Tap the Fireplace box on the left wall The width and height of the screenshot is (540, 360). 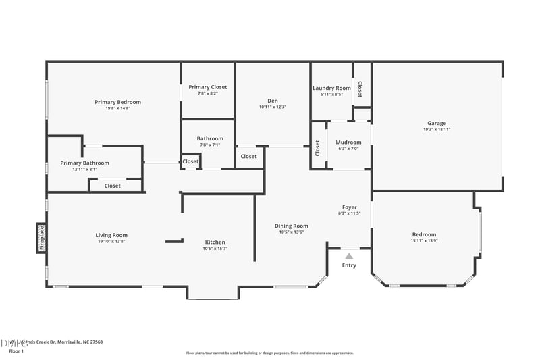coord(41,238)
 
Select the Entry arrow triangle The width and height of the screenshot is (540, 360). coord(349,257)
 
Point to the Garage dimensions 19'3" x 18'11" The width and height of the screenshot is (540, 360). coord(436,129)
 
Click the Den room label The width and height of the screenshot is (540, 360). coord(273,101)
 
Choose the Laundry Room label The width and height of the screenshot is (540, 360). coord(331,88)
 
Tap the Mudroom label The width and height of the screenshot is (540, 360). coord(348,143)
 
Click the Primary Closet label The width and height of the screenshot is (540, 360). coord(207,87)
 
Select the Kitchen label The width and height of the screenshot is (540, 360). coord(215,242)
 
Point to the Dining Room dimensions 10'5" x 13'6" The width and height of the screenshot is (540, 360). coord(291,232)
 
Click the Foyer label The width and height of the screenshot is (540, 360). coord(349,207)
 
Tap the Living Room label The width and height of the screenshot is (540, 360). coord(111,235)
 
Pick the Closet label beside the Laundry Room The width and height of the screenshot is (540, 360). coord(360,88)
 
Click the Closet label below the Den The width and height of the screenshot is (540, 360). coord(248,156)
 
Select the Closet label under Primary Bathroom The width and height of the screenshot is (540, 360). coord(112,186)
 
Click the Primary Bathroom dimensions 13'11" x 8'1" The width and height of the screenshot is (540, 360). coord(84,169)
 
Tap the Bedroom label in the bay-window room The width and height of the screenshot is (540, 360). coord(424,234)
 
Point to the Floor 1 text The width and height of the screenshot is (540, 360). coord(16,351)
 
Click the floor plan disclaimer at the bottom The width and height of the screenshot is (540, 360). coord(269,353)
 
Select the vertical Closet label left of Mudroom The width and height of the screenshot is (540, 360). coord(317,148)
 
